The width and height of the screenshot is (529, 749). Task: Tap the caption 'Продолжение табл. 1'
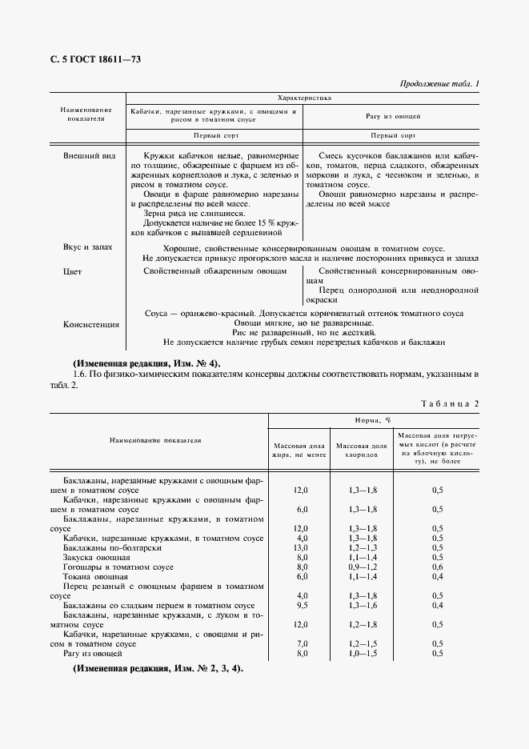coord(439,84)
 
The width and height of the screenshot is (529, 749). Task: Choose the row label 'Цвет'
coord(72,272)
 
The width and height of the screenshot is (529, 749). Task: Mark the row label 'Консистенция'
coord(90,325)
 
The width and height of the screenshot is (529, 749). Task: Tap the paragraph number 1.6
coord(78,374)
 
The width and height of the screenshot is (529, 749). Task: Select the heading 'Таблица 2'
coord(450,403)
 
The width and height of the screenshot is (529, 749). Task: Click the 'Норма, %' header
coord(372,419)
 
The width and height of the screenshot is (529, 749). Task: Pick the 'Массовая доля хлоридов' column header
coord(361,450)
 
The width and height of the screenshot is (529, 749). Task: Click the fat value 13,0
coord(301,548)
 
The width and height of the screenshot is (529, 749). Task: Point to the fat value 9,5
coord(301,606)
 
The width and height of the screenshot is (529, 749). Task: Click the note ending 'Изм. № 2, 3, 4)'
coord(158,668)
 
